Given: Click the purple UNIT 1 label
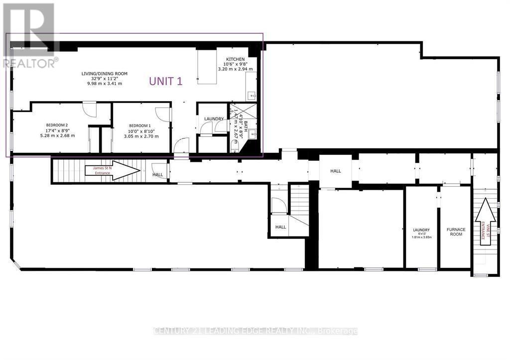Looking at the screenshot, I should (166, 81).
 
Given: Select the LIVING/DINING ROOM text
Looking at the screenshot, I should (105, 74).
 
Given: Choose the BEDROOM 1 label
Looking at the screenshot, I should (140, 125).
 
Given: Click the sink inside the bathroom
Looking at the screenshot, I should (253, 133).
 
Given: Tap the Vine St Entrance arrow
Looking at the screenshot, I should (485, 223).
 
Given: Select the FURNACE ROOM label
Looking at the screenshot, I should (456, 232).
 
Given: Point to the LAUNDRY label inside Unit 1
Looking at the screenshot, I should (214, 119).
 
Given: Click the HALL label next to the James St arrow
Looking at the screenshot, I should (157, 175).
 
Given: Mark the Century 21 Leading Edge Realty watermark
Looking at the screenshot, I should (255, 331).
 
